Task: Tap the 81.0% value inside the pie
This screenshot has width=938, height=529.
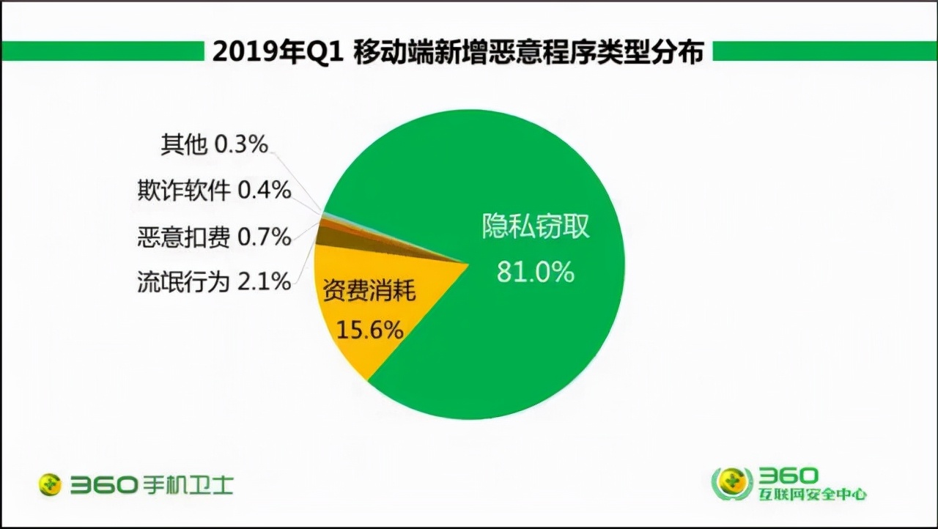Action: pyautogui.click(x=535, y=272)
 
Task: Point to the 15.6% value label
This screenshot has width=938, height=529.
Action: pyautogui.click(x=369, y=330)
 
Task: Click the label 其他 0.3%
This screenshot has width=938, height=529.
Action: pyautogui.click(x=214, y=144)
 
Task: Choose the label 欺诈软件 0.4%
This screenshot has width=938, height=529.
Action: pyautogui.click(x=214, y=190)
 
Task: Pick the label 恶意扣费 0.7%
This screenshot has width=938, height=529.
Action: pyautogui.click(x=214, y=236)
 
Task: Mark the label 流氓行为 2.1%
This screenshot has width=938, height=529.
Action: pyautogui.click(x=214, y=281)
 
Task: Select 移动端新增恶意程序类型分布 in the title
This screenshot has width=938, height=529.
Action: pyautogui.click(x=528, y=52)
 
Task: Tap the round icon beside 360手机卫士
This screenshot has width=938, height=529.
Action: pyautogui.click(x=51, y=484)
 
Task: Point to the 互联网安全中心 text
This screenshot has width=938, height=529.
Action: pyautogui.click(x=813, y=495)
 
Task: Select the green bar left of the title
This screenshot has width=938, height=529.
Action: pyautogui.click(x=103, y=51)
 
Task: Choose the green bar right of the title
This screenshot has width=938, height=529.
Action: pyautogui.click(x=824, y=51)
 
